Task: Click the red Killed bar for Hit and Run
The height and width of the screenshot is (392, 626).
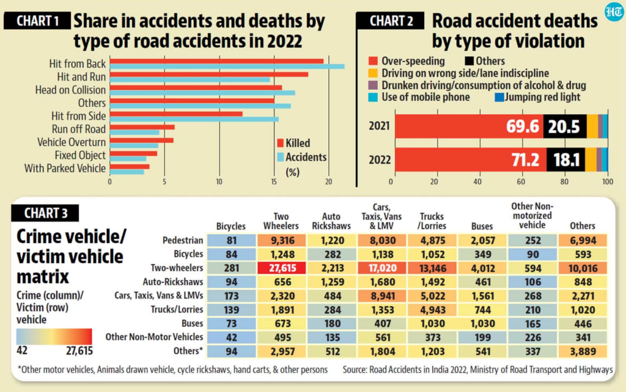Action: pyautogui.click(x=208, y=74)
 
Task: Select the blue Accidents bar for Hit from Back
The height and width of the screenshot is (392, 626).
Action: pyautogui.click(x=226, y=67)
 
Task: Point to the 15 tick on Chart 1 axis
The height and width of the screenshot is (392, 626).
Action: pyautogui.click(x=274, y=181)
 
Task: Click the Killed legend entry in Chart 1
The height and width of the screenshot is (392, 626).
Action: pyautogui.click(x=293, y=143)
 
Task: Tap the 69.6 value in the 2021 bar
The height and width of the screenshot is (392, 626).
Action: pyautogui.click(x=522, y=126)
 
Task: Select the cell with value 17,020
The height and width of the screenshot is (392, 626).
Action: pyautogui.click(x=380, y=267)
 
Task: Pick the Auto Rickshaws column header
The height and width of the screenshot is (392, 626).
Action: pyautogui.click(x=331, y=220)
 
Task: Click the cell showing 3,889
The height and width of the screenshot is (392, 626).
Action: pyautogui.click(x=582, y=351)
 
